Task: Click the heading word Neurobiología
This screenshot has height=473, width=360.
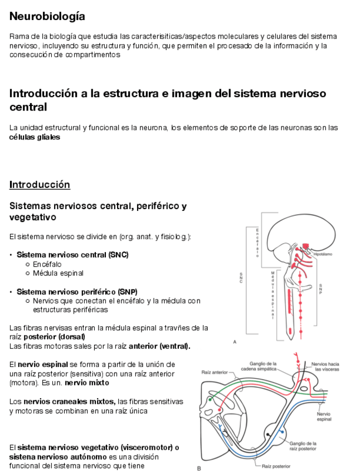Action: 47,17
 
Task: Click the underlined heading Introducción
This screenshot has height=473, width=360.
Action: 40,185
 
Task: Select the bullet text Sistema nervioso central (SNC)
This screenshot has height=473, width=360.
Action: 72,255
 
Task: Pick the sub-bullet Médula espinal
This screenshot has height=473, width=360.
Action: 58,273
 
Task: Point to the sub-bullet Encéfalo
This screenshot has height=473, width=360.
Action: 47,264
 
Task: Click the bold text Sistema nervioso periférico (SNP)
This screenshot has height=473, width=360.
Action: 76,292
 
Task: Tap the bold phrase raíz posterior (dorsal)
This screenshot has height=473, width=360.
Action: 47,337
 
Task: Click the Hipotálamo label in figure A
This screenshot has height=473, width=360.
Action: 323,254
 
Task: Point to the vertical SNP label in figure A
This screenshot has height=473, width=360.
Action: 320,288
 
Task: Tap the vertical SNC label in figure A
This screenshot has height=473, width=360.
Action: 241,278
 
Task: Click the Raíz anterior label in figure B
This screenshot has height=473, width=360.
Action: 215,371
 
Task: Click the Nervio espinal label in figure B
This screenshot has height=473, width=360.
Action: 324,417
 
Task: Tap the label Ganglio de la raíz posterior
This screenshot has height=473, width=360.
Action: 303,446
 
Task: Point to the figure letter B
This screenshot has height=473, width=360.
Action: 199,469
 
